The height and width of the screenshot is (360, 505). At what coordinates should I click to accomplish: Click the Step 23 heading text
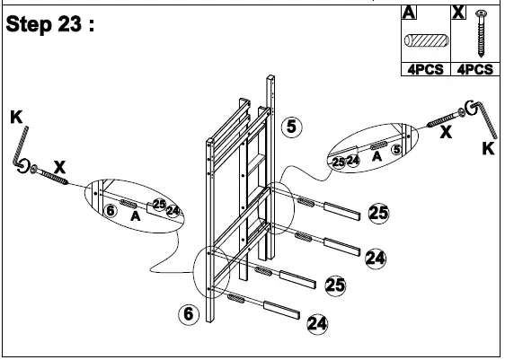pos(51,25)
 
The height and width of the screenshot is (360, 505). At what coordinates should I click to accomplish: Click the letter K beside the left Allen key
pos(15,117)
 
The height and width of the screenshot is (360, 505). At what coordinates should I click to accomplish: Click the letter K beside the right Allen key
pos(488,149)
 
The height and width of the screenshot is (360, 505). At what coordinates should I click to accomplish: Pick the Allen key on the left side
pos(21,149)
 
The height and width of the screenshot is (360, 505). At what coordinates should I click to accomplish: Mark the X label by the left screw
pos(60,167)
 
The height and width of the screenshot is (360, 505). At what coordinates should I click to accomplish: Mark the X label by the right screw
pos(444,131)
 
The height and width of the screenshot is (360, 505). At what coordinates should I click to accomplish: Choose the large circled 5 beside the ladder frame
pos(291,127)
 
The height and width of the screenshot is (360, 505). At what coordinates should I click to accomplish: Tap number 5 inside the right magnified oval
pos(394,151)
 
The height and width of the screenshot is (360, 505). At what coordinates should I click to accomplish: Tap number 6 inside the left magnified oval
pos(109,210)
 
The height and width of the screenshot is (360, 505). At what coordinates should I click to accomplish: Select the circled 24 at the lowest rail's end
pos(316,322)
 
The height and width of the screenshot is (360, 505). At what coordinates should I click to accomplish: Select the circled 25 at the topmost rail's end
pos(378,213)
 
